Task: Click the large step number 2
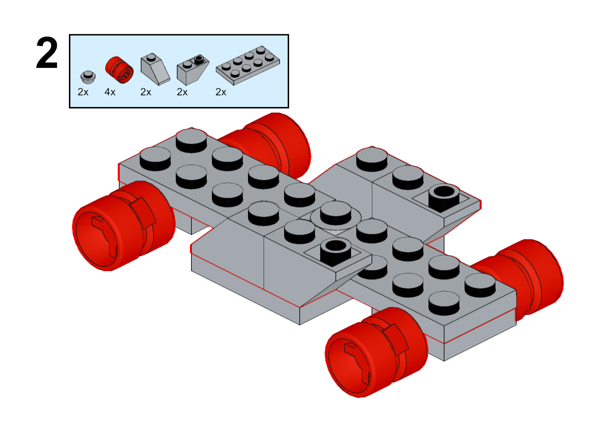click(x=47, y=53)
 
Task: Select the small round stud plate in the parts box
click(x=88, y=77)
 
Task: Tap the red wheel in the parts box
click(x=119, y=70)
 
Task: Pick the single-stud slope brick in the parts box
click(x=155, y=69)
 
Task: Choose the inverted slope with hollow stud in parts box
click(x=193, y=70)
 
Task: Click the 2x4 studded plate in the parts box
click(x=248, y=66)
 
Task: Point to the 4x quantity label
click(x=110, y=92)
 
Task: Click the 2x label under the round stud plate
click(x=83, y=92)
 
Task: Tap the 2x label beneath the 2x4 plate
click(x=221, y=92)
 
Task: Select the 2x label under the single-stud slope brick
click(x=146, y=92)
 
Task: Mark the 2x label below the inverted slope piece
click(x=182, y=92)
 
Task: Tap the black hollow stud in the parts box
click(x=199, y=60)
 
